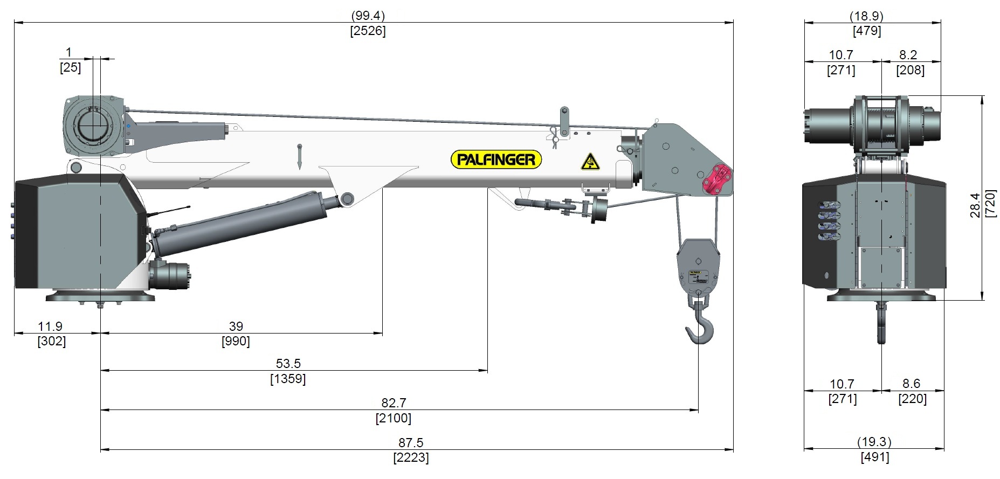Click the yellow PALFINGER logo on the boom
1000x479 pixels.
496,159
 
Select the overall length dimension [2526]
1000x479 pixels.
368,31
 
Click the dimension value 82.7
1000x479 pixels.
394,403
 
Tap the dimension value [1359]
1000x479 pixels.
288,379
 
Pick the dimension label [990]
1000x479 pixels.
236,341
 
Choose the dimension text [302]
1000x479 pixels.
52,341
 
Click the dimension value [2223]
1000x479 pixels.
411,458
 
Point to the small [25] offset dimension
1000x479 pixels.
70,67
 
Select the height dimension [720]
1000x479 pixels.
990,203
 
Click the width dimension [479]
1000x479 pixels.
867,31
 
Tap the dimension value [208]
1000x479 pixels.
910,70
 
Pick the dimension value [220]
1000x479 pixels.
912,399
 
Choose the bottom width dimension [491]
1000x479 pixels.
874,457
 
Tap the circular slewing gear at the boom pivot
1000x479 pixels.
93,125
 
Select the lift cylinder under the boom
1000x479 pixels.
243,221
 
